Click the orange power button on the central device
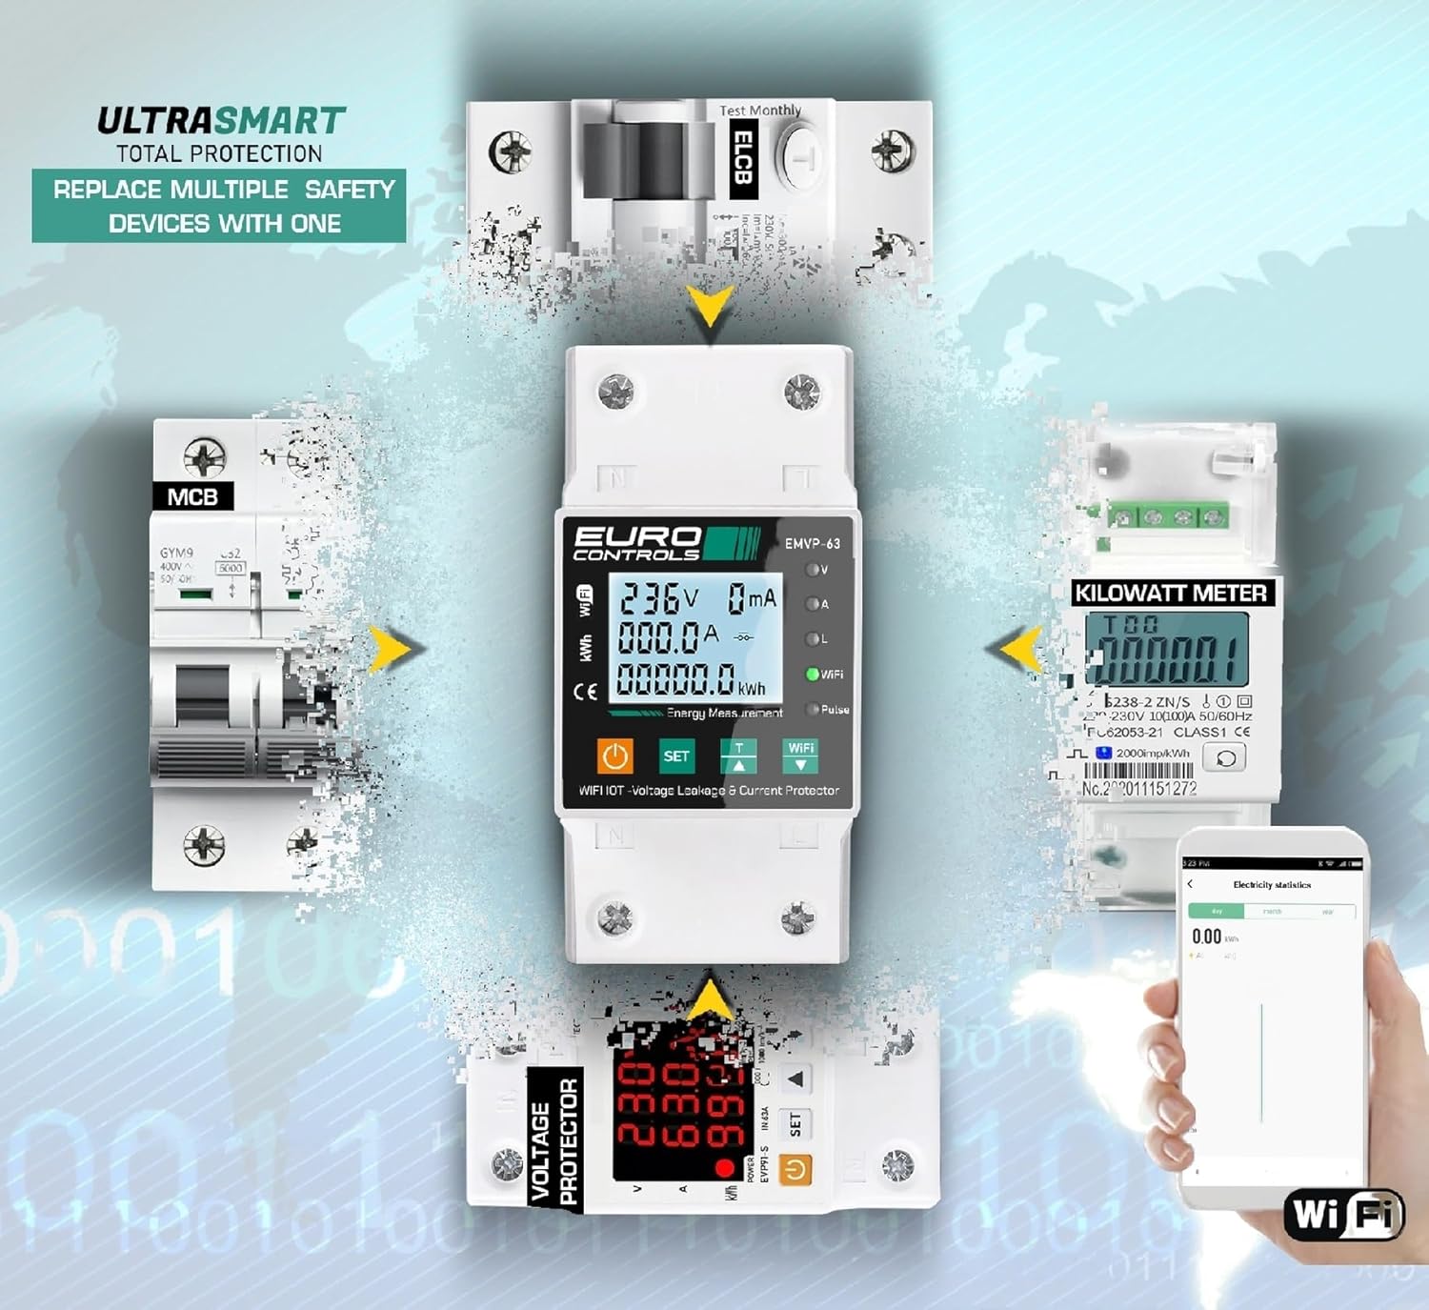[x=615, y=756]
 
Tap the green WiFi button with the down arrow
[x=800, y=756]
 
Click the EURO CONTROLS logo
[x=637, y=543]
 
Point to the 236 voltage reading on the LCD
[x=650, y=599]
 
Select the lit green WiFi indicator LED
[x=813, y=675]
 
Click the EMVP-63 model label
[x=812, y=544]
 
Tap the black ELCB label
[x=743, y=157]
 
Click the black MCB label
[x=192, y=496]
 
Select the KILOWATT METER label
[x=1171, y=594]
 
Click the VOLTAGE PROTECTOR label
[x=554, y=1139]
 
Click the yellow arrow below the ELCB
[x=710, y=305]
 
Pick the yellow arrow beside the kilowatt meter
[x=1020, y=650]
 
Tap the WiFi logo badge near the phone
[x=1343, y=1215]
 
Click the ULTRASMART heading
[x=221, y=121]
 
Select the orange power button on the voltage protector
[x=795, y=1170]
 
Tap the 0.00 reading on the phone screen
[x=1206, y=937]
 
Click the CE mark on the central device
[x=585, y=692]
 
